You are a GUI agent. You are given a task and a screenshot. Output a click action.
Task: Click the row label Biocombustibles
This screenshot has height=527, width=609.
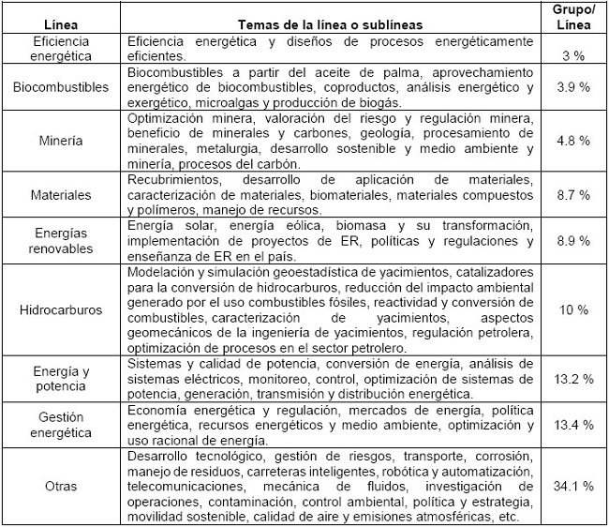[x=63, y=87]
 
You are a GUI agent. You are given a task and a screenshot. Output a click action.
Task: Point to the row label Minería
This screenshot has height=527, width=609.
[x=63, y=141]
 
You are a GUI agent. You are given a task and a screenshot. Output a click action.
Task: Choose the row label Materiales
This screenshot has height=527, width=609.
[x=63, y=196]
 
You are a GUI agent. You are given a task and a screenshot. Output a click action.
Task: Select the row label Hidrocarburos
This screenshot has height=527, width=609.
[x=63, y=308]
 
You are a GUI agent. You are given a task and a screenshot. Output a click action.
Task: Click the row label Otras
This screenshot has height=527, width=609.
[x=63, y=487]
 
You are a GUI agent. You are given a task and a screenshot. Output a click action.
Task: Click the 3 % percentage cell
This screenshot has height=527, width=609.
[x=572, y=56]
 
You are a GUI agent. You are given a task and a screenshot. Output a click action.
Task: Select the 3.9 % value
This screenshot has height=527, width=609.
[x=572, y=87]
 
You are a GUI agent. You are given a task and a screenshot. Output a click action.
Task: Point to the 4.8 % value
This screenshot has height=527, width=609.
[x=572, y=141]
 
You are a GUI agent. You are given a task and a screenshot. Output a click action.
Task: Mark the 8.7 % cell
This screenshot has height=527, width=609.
[x=572, y=196]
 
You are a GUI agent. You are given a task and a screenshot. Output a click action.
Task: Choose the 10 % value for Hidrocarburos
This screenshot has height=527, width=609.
[x=572, y=308]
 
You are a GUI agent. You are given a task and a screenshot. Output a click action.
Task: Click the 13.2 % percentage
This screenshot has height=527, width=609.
[x=572, y=379]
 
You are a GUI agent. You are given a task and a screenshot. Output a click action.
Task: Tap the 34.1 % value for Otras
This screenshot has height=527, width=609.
[x=572, y=487]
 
